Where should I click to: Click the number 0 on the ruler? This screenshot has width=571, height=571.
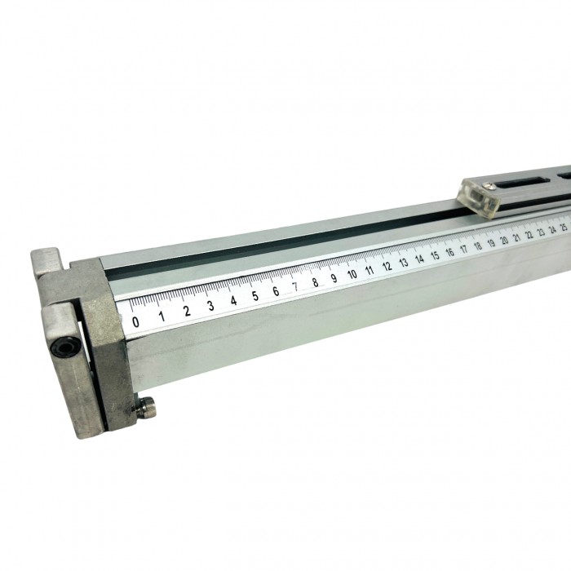click(x=135, y=322)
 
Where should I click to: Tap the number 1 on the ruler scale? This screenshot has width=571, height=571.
click(x=162, y=316)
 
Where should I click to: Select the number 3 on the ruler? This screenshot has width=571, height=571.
click(x=210, y=306)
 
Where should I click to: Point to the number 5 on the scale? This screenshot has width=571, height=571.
click(x=255, y=295)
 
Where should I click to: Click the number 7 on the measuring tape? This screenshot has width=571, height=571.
click(x=296, y=286)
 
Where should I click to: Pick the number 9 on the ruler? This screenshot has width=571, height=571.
click(x=334, y=278)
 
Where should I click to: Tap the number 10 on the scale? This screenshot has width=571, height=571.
click(x=352, y=274)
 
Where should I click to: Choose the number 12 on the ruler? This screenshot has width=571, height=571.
click(x=387, y=266)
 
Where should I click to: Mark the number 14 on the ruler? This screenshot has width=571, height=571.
click(x=419, y=259)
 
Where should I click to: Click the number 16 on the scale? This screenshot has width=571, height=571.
click(x=449, y=252)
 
